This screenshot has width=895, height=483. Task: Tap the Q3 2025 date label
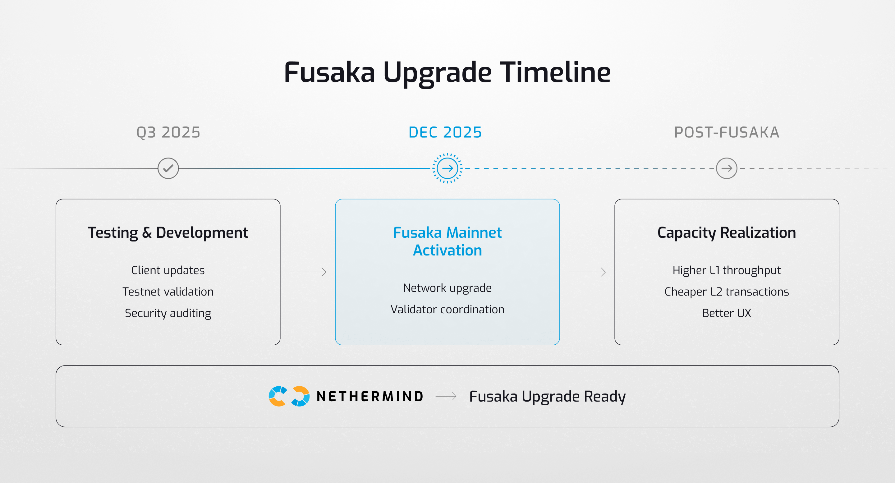pos(168,132)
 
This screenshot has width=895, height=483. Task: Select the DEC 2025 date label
pos(445,132)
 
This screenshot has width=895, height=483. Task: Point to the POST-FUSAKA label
pos(727,132)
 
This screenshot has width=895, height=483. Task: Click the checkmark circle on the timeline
pos(168,168)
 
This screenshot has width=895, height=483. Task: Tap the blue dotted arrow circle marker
pos(447,168)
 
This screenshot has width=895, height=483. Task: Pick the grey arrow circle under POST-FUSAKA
pos(727,168)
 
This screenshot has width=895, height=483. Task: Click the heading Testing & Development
pos(168,232)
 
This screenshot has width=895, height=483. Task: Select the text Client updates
pos(168,270)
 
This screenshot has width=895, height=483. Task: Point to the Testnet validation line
pos(168,292)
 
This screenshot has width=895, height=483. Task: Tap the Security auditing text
pos(168,313)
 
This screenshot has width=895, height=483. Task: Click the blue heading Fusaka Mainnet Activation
pos(447,241)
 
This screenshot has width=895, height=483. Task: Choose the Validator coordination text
pos(447,309)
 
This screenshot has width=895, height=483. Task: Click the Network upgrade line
pos(447,288)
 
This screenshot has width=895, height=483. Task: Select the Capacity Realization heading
pos(727,232)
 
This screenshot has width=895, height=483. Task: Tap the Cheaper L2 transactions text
pos(727,292)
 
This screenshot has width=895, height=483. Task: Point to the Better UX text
pos(727,313)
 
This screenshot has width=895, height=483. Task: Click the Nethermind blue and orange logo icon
pos(289,396)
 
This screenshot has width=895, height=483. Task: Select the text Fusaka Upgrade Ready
pos(547,396)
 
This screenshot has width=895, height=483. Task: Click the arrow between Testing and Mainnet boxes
pos(308,272)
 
